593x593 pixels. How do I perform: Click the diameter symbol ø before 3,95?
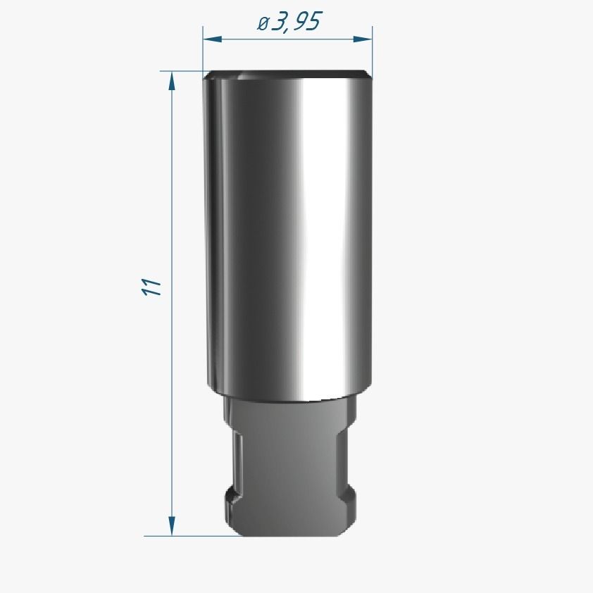tap(263, 24)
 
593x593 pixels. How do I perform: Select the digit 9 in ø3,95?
tap(300, 22)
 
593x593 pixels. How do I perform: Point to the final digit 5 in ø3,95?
tap(315, 22)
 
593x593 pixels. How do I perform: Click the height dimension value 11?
tap(151, 287)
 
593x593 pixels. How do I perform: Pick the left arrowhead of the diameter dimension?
tap(212, 39)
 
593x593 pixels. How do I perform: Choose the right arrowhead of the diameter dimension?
tap(363, 39)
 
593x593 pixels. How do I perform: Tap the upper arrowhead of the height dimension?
tap(172, 80)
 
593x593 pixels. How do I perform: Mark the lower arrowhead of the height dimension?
tap(172, 526)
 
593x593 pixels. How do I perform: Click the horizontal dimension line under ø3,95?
tap(287, 39)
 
